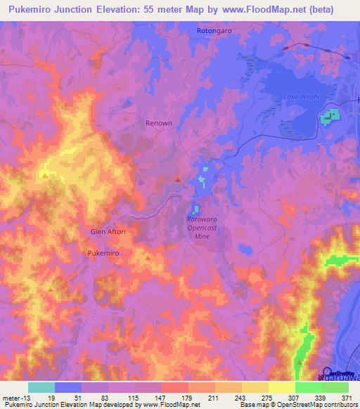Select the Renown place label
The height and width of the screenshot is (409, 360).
(x=158, y=123)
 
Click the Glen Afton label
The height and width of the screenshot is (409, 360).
(x=108, y=231)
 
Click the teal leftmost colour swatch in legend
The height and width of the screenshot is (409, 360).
(x=41, y=387)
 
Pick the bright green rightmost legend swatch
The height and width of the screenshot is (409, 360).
(x=335, y=387)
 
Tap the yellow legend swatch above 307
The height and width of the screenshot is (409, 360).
(x=281, y=387)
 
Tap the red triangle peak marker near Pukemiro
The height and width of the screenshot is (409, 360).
(x=148, y=257)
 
